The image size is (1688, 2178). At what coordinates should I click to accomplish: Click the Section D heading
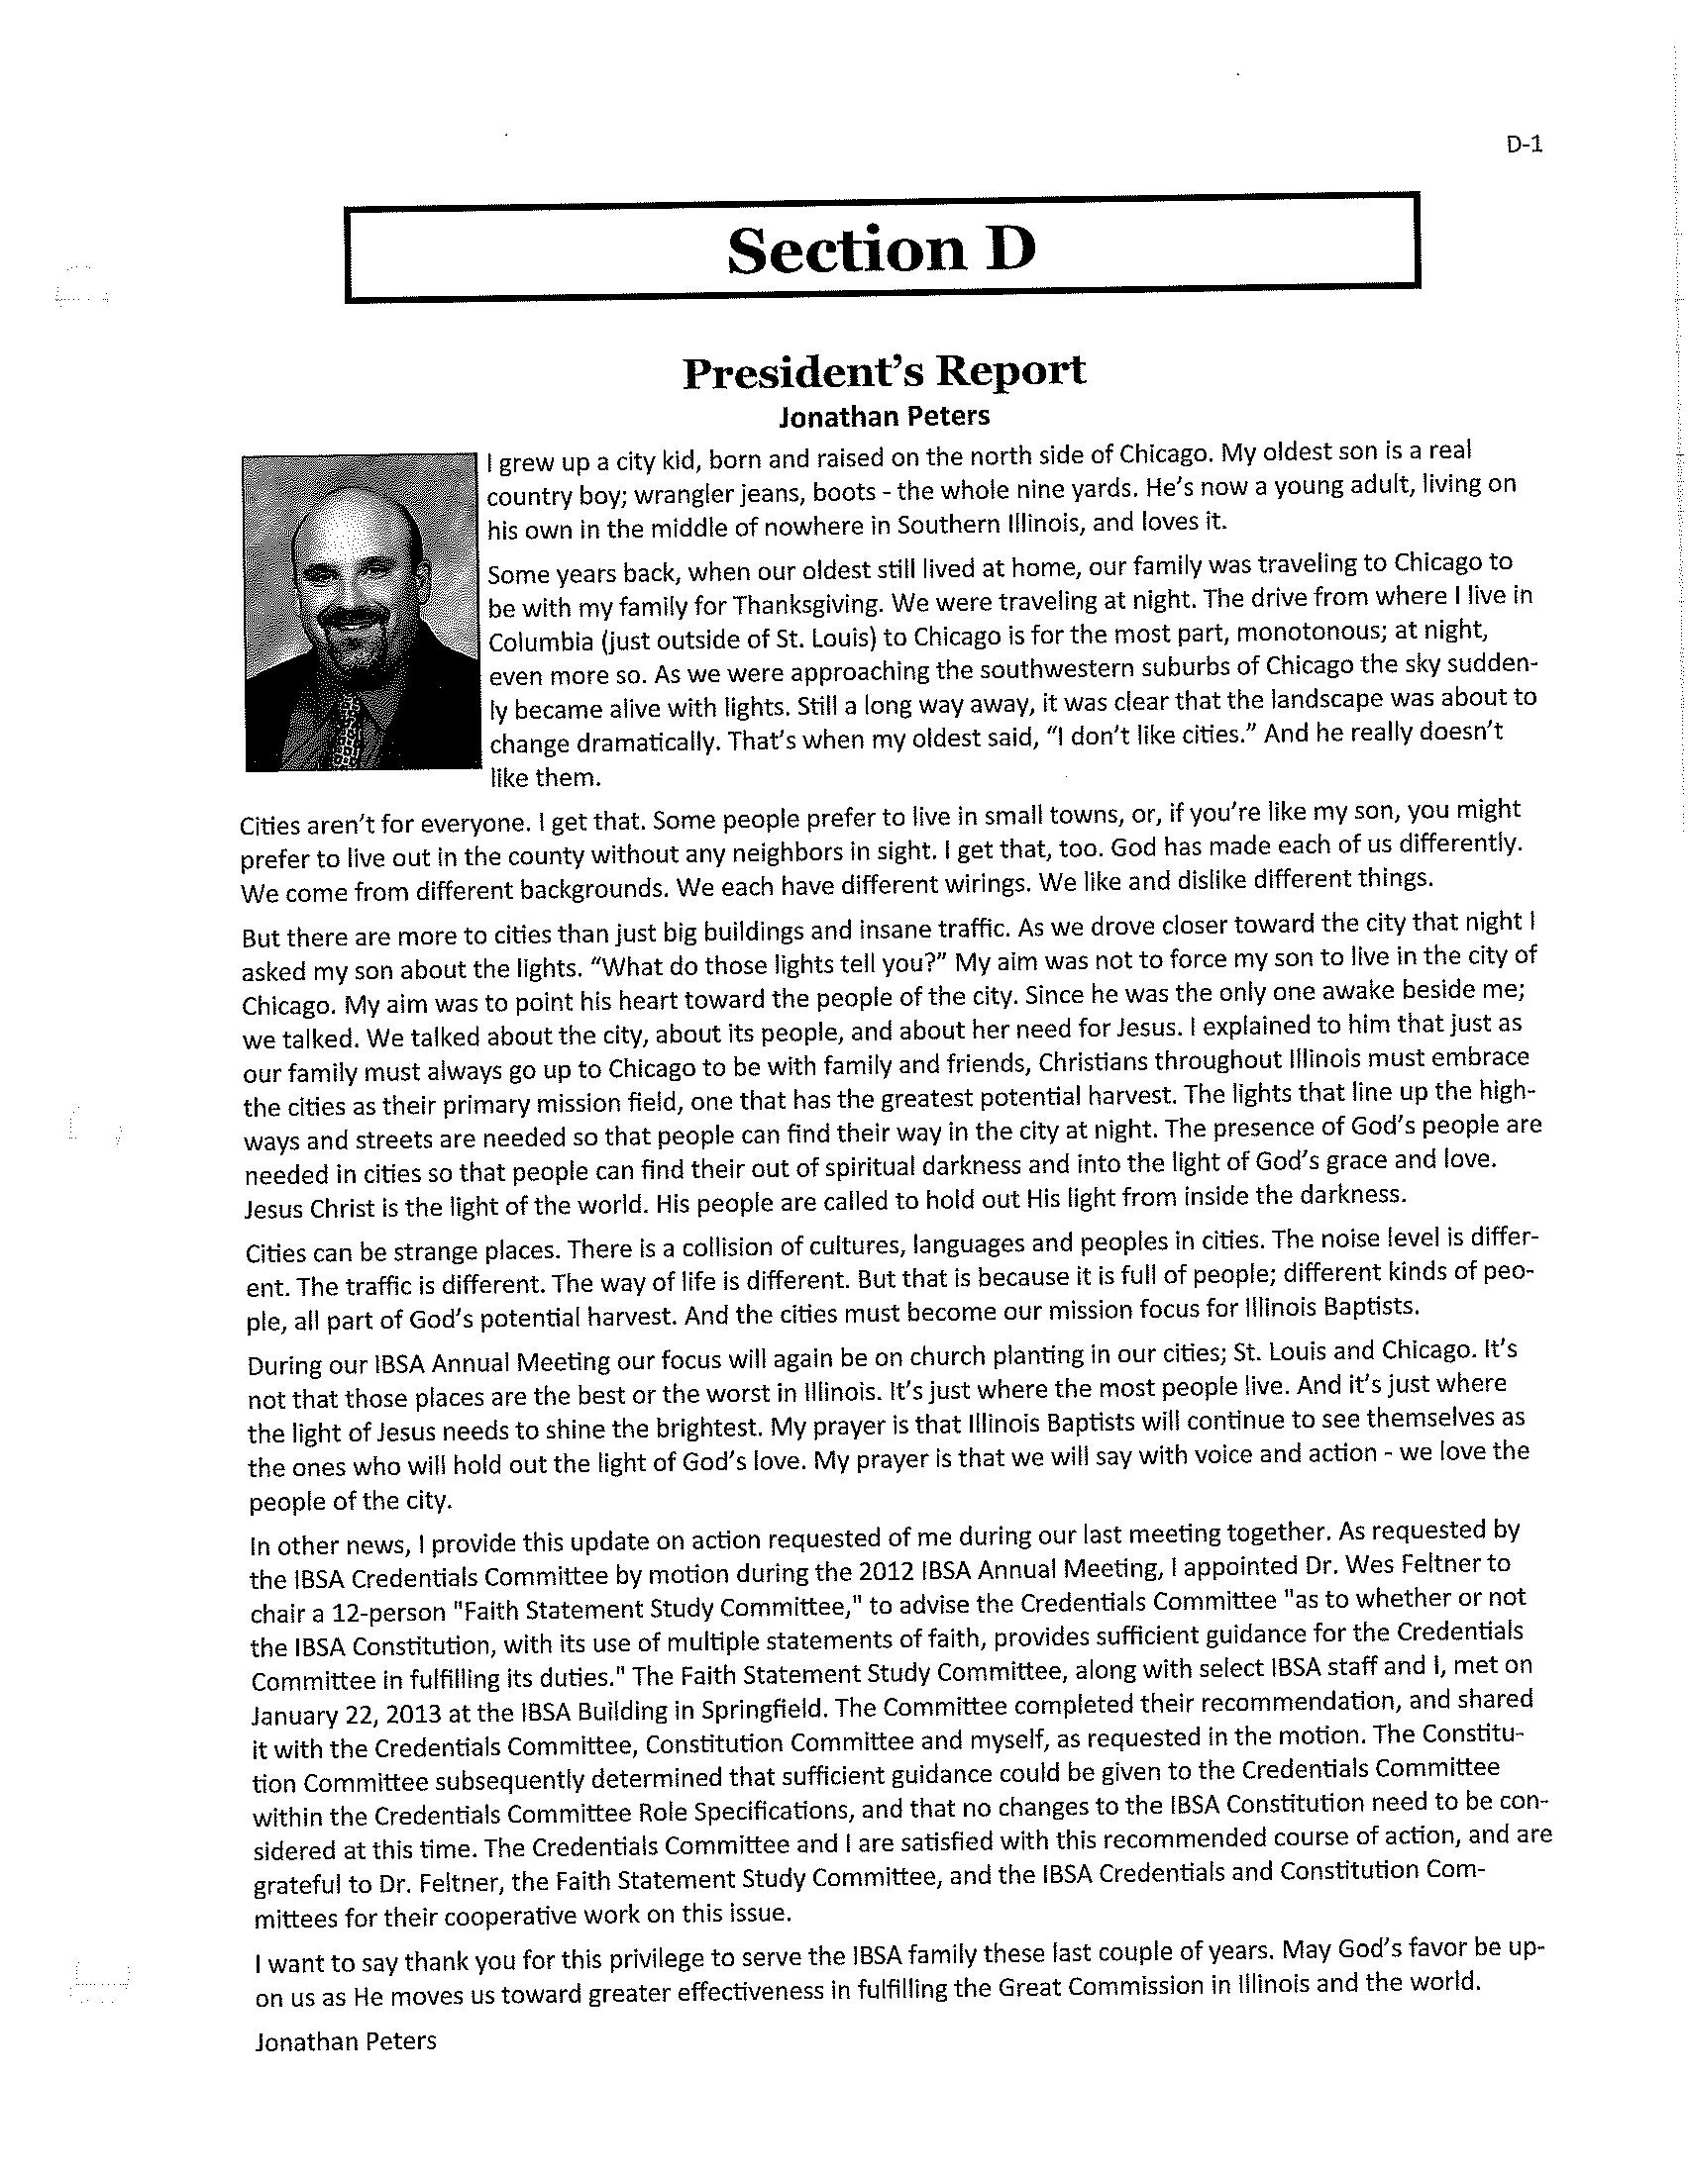(881, 249)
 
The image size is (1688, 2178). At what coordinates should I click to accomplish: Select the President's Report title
(884, 372)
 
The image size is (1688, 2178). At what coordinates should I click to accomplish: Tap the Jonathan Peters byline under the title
(884, 416)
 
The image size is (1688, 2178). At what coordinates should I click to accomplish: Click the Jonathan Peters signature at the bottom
(345, 2041)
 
